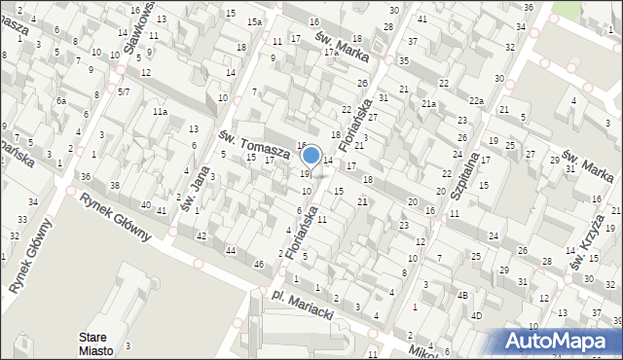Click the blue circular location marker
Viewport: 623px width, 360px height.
[x=311, y=155]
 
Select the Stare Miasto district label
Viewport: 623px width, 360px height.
[x=97, y=343]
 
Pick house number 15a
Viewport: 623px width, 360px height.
[x=254, y=21]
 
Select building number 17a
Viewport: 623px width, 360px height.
[x=331, y=53]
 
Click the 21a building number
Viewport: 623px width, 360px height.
[x=428, y=104]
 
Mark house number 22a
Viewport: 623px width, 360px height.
[x=475, y=101]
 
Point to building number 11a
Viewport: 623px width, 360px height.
[x=159, y=112]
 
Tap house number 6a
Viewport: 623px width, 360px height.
[x=60, y=101]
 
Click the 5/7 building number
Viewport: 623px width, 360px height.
[x=124, y=91]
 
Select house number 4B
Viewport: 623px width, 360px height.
[x=463, y=295]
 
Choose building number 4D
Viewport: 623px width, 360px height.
[x=476, y=315]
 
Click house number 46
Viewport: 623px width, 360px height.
[x=258, y=265]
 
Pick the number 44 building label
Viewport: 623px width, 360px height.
[x=231, y=251]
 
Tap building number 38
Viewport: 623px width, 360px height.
[x=114, y=185]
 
